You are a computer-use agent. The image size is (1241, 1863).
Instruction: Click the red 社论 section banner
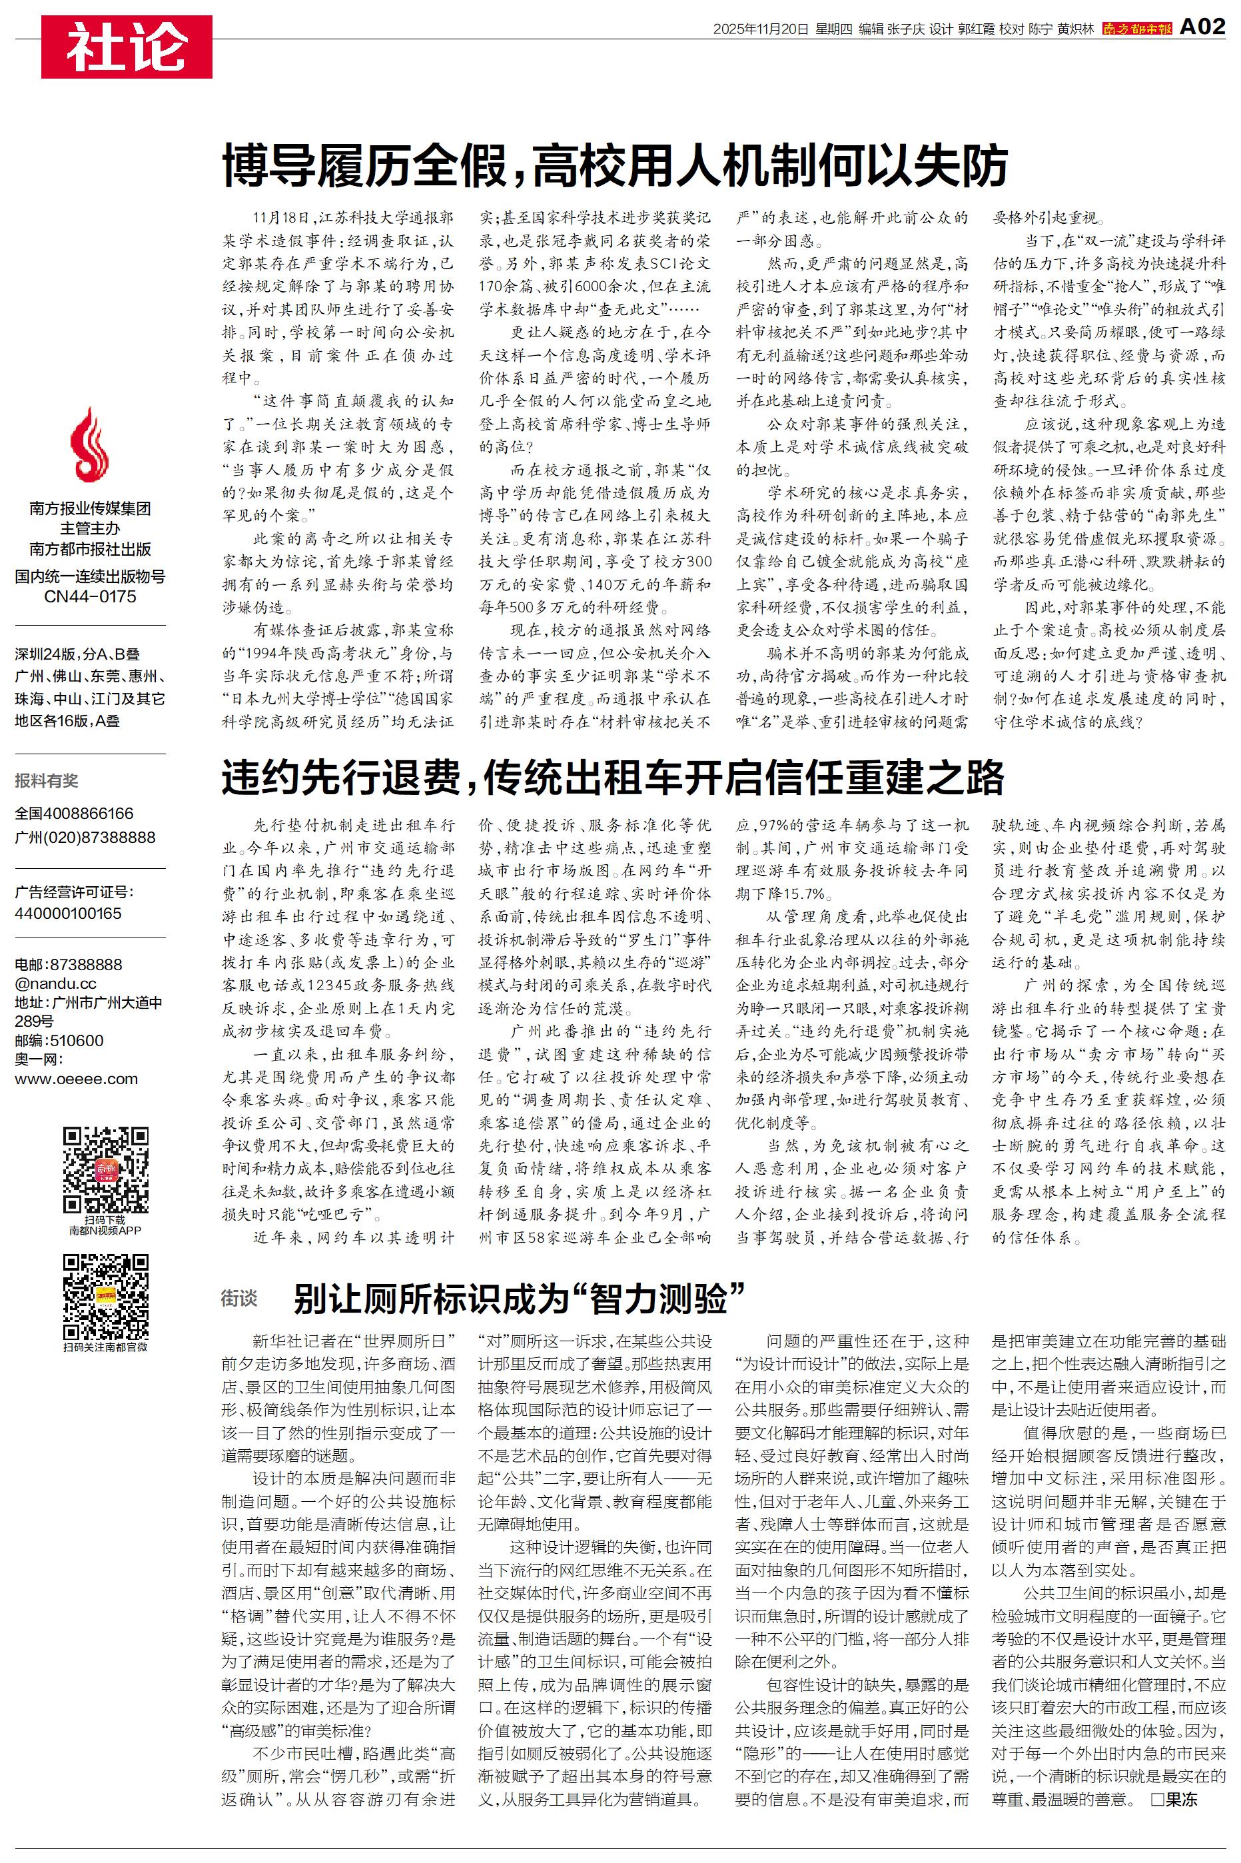coord(127,47)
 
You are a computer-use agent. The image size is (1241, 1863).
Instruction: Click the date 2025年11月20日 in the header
coord(761,29)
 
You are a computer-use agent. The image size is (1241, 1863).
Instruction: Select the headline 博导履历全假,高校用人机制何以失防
coord(614,165)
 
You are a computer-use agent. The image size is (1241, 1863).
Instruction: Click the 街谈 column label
coord(239,1298)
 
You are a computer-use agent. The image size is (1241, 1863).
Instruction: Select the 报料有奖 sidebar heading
coord(47,780)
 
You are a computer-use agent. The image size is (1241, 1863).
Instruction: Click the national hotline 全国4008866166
coord(75,813)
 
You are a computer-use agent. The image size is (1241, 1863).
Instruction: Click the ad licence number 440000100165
coord(68,912)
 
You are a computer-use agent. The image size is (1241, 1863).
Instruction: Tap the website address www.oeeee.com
coord(76,1079)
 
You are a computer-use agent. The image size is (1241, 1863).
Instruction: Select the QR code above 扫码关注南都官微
coord(105,1295)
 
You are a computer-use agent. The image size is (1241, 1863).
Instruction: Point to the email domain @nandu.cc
coord(55,983)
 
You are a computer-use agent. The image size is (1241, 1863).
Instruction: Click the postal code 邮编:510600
coord(59,1040)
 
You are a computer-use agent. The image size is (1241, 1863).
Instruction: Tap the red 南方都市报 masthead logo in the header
coord(1136,29)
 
